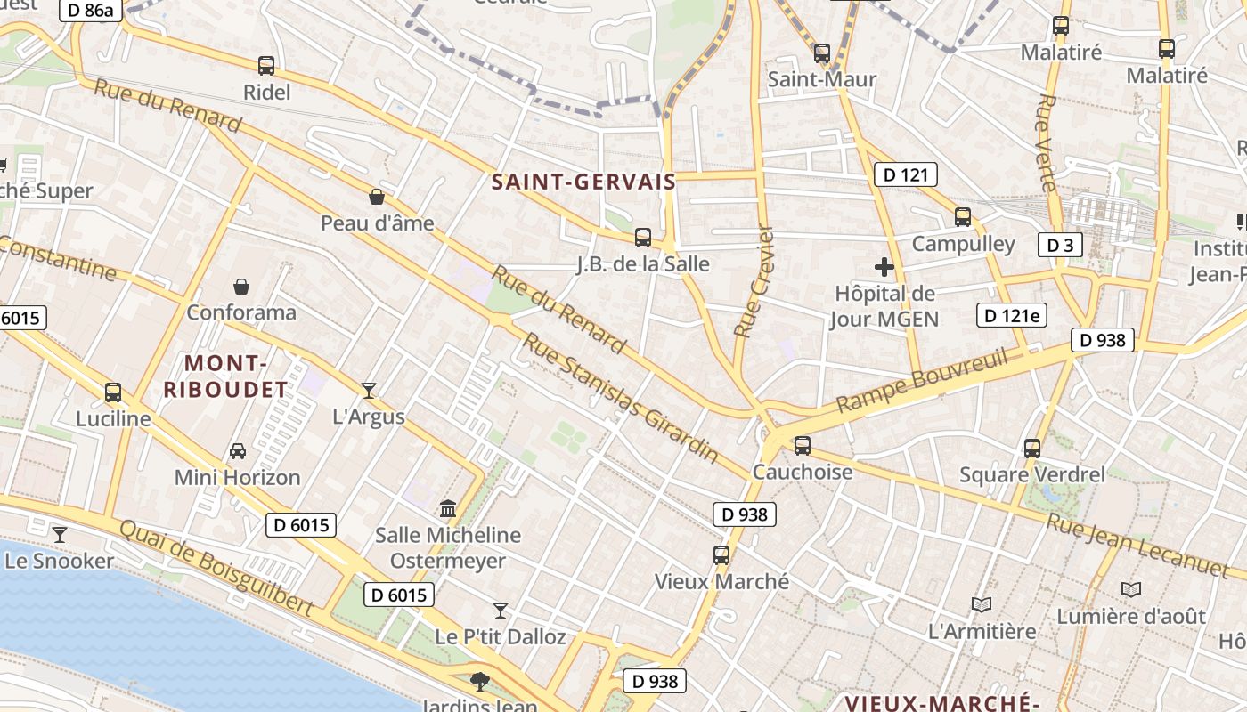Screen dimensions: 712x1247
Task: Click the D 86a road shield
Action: tap(90, 11)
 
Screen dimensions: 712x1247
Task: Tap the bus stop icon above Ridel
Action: tap(265, 65)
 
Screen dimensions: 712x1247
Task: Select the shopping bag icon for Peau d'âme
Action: tap(377, 196)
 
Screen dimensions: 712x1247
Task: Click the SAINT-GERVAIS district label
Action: tap(583, 182)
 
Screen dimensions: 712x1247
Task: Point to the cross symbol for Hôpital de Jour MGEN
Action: tap(884, 267)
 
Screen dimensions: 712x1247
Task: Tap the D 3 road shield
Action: tap(1060, 245)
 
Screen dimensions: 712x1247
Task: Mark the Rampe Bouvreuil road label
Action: tap(922, 381)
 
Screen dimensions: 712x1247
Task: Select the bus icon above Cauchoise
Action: tap(803, 445)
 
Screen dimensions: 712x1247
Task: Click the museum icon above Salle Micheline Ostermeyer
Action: tap(448, 508)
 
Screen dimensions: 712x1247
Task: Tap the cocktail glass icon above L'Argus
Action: tap(368, 390)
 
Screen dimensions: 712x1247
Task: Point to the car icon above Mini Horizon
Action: tap(237, 450)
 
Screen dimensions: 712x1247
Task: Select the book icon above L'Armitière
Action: tap(982, 605)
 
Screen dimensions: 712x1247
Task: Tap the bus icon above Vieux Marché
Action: tap(721, 555)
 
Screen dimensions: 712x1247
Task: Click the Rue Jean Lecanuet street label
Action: tap(1137, 544)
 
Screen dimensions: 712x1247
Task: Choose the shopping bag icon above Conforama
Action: tap(241, 286)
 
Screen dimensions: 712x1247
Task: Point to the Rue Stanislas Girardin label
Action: tap(620, 398)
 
